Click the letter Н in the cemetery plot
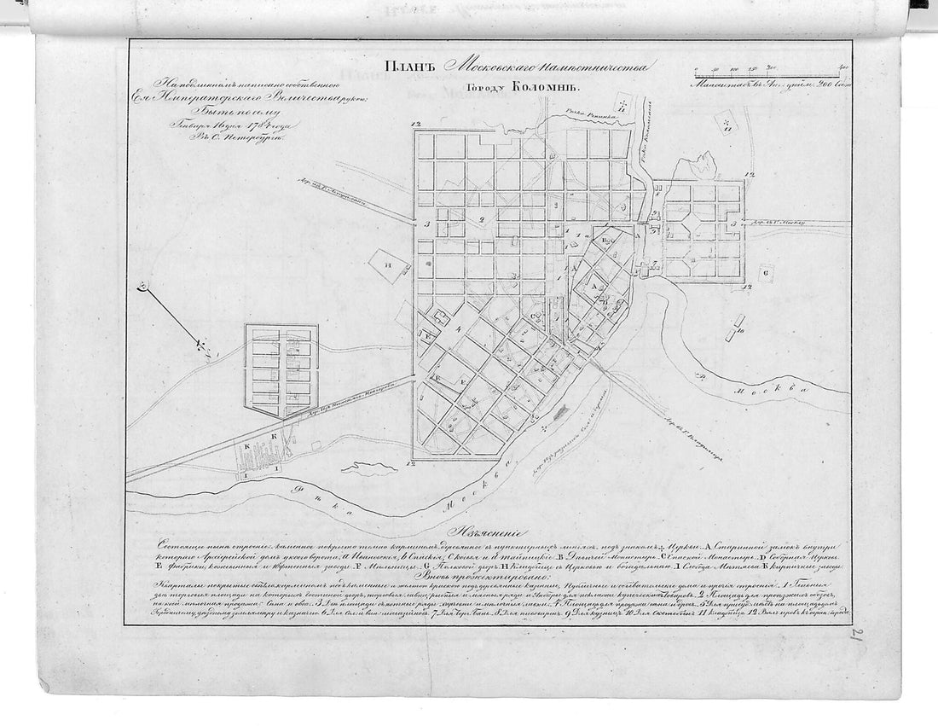(x=389, y=265)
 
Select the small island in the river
(x=368, y=468)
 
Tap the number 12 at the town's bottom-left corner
(x=413, y=463)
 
